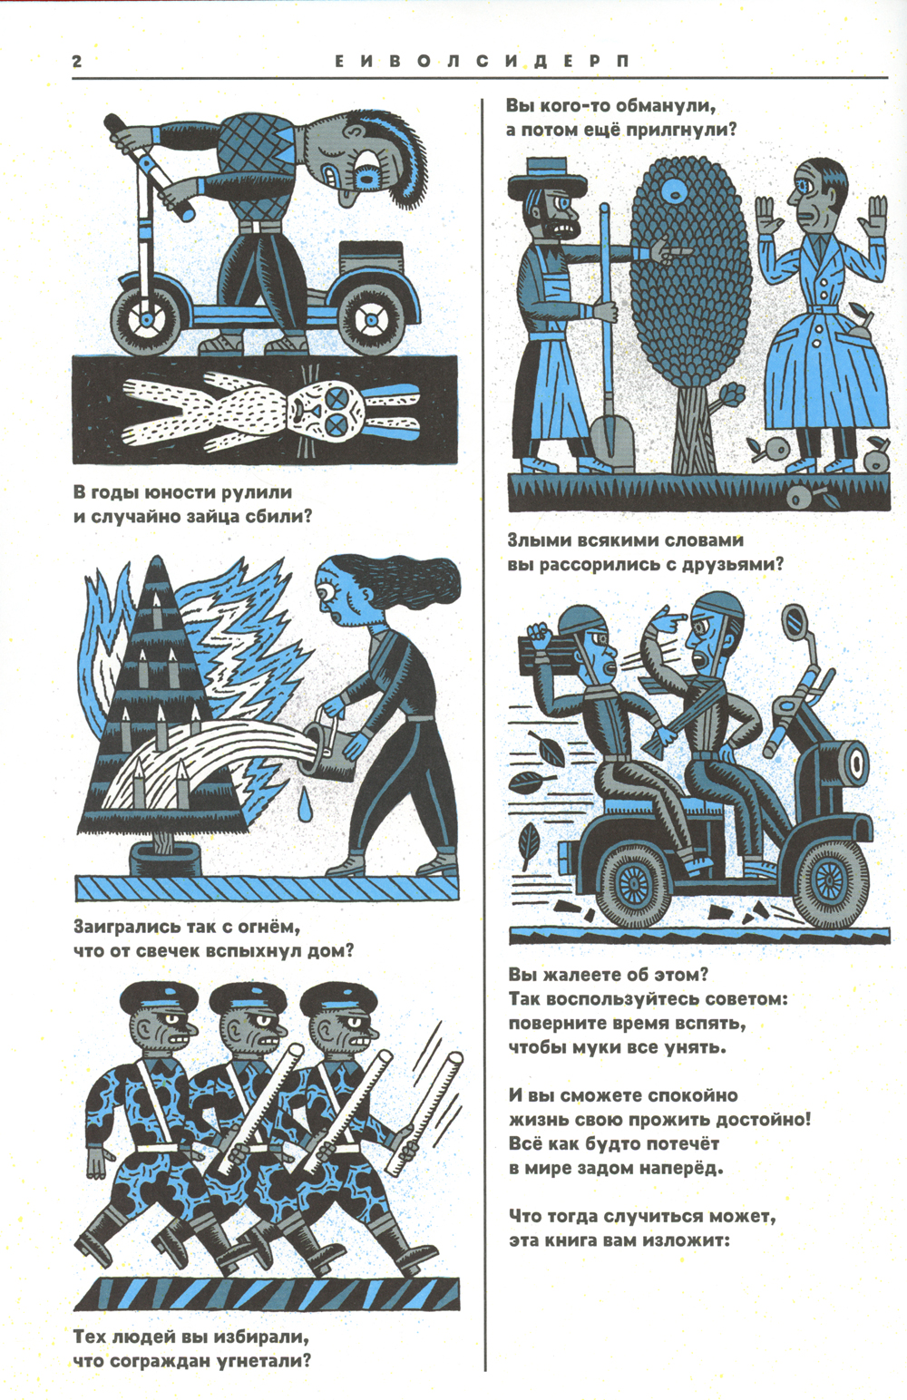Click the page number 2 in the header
point(77,62)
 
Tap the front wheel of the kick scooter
point(148,320)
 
